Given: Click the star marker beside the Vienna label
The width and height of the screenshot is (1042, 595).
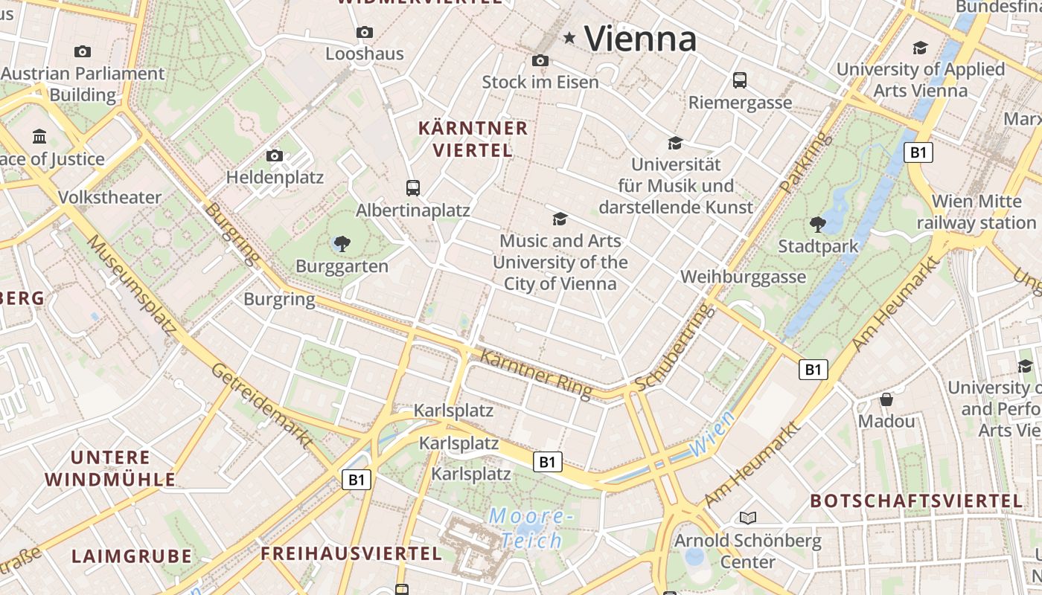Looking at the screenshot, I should click(569, 37).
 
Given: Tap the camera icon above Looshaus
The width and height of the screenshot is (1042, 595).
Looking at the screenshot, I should click(365, 32).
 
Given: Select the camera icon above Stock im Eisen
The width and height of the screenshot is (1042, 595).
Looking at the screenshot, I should click(540, 60).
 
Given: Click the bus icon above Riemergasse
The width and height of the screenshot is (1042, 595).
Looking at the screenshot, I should click(739, 80).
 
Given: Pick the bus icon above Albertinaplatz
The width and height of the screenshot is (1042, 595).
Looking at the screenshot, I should click(413, 187).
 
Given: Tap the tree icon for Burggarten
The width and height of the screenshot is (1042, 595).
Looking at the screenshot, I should click(342, 243).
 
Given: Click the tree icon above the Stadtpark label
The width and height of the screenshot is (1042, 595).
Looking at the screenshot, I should click(817, 224).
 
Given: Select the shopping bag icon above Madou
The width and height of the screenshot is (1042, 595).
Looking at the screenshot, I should click(886, 399).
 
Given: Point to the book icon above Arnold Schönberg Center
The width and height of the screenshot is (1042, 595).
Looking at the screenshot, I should click(748, 518).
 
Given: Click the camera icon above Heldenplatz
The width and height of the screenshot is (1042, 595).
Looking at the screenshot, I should click(275, 155).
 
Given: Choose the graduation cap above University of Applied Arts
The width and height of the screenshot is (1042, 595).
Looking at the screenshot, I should click(921, 48).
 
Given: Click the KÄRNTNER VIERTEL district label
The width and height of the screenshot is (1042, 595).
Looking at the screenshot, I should click(473, 139).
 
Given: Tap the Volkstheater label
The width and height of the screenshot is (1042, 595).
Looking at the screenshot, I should click(109, 198).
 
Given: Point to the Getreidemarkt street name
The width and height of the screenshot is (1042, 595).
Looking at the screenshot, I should click(261, 405).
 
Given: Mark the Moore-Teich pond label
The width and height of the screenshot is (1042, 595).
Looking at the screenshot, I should click(532, 528).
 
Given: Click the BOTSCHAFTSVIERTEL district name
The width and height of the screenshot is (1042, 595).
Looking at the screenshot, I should click(916, 501).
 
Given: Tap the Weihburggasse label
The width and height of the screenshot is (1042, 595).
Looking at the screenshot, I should click(743, 277).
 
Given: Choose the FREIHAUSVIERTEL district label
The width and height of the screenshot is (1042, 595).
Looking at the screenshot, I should click(351, 553).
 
